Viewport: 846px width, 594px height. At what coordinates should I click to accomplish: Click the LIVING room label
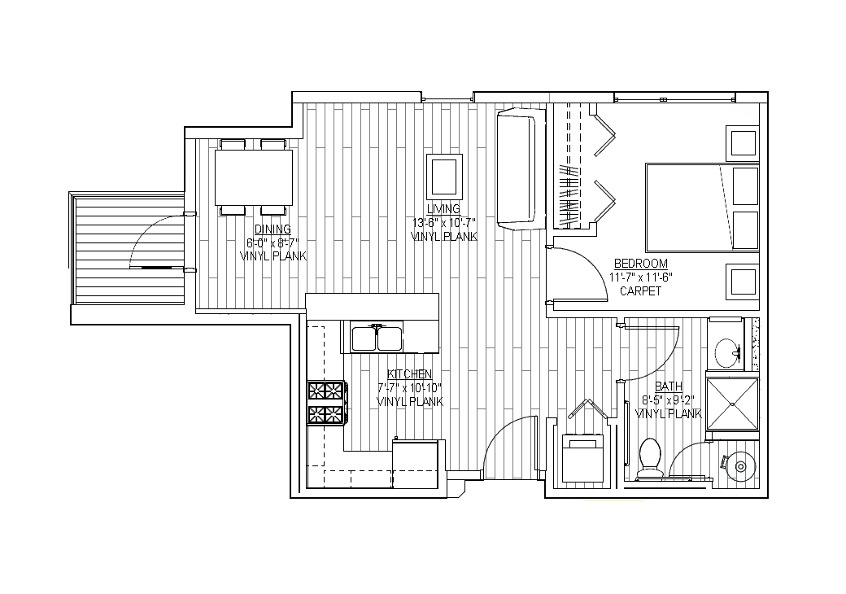(x=443, y=209)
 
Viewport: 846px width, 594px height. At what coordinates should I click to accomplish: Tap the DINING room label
(x=273, y=229)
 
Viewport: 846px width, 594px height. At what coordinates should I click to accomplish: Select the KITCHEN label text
(x=409, y=373)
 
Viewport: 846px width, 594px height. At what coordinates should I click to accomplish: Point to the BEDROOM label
(x=641, y=264)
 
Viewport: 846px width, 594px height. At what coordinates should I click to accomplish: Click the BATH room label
(x=669, y=387)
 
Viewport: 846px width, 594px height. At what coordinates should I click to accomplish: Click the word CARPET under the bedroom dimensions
(x=640, y=291)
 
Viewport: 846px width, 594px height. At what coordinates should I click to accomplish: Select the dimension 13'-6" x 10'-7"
(x=443, y=222)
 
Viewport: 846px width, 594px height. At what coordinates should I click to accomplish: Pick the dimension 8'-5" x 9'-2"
(x=669, y=400)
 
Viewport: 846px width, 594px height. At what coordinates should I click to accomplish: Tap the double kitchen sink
(x=377, y=338)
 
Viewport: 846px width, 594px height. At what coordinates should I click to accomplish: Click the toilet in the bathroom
(x=649, y=458)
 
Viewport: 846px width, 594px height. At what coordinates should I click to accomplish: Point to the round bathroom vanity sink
(x=726, y=353)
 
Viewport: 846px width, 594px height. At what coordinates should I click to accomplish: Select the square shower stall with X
(x=733, y=404)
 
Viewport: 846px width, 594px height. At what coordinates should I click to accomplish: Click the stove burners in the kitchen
(x=326, y=403)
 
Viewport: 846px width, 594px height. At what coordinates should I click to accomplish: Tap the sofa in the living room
(x=520, y=168)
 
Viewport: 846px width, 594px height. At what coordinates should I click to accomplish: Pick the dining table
(x=254, y=177)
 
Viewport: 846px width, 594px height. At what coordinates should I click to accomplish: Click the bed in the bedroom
(x=702, y=207)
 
